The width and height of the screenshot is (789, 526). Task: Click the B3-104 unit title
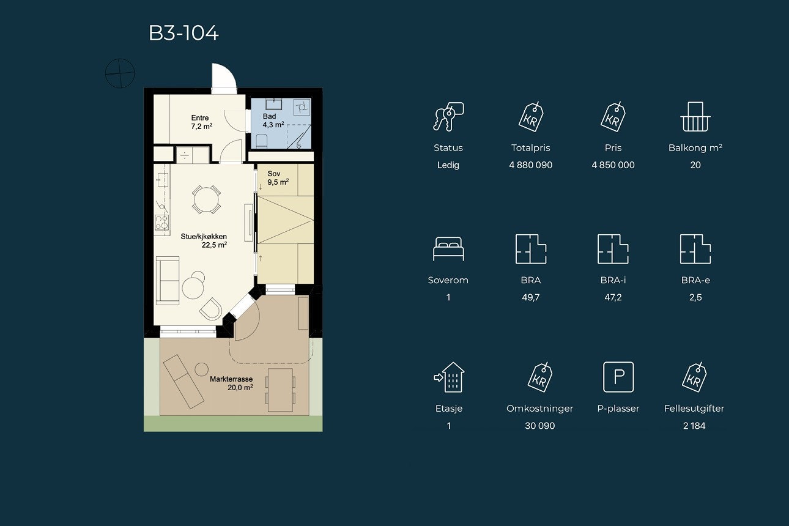[183, 34]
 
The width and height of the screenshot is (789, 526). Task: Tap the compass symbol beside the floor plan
[120, 73]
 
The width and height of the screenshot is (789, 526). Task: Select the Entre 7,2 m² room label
[201, 122]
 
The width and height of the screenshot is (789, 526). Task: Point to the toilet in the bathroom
[261, 141]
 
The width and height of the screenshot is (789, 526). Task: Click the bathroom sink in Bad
[273, 104]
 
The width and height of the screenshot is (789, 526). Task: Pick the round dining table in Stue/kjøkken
[206, 199]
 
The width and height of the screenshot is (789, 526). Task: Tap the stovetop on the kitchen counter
[161, 223]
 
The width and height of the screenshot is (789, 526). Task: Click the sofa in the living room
[168, 281]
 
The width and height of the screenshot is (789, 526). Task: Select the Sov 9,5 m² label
[278, 178]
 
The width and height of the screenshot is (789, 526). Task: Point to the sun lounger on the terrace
[183, 382]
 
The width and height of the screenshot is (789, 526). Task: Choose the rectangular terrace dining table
[280, 390]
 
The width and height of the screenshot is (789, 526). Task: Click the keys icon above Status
[448, 117]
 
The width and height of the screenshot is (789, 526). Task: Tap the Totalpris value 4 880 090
[530, 165]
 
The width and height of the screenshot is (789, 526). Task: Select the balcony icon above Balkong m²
[695, 117]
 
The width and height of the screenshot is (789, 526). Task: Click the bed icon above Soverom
[448, 249]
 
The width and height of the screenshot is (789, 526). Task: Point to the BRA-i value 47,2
[613, 297]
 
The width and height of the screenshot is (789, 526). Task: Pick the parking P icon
[618, 377]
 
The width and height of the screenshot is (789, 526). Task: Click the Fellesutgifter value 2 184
[694, 426]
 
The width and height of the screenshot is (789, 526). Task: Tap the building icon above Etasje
[450, 377]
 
